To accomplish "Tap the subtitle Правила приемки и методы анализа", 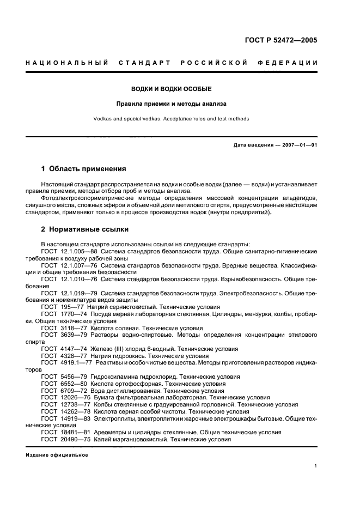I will coord(172,103).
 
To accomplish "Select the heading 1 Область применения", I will coord(83,169).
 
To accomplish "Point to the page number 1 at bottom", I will coord(316,466).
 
